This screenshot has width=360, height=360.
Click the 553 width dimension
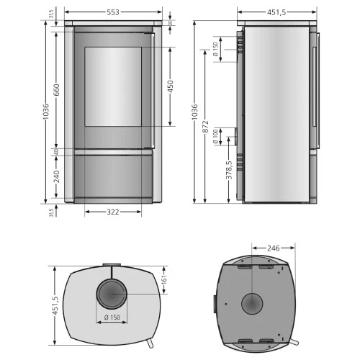[113, 12]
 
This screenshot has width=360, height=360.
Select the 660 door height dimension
[56, 90]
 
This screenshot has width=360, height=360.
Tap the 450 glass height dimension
[170, 86]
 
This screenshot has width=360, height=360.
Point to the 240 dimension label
[56, 176]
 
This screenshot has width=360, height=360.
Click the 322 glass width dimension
[113, 212]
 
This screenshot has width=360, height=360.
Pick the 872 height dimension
[205, 127]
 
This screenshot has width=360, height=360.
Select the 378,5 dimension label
[229, 170]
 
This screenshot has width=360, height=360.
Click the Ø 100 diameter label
[215, 137]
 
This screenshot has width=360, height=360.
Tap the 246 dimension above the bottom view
[274, 248]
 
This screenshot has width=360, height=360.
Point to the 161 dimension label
[164, 279]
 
